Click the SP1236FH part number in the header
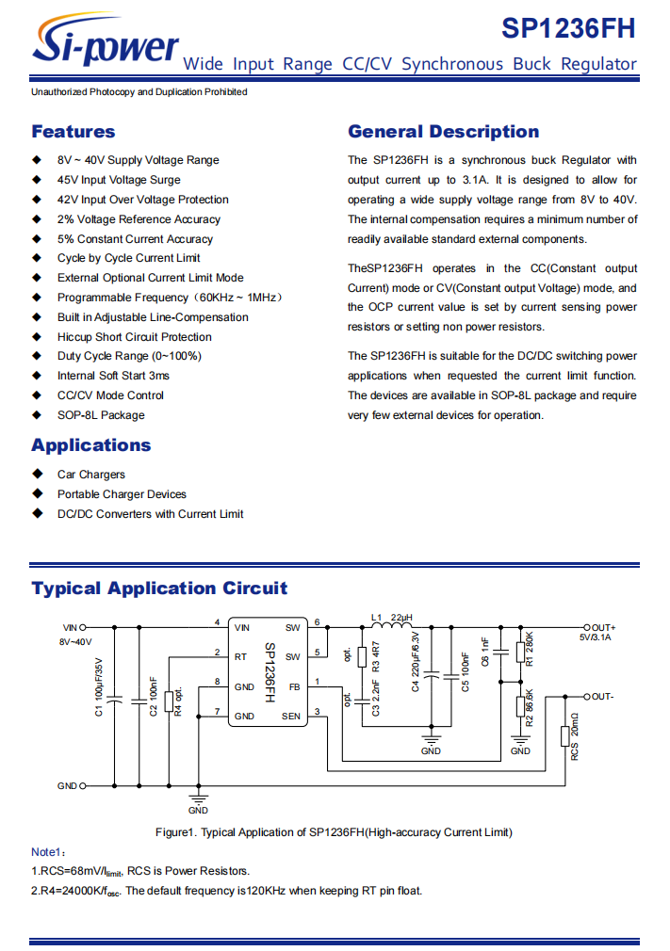[568, 28]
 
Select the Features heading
[74, 132]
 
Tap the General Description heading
[444, 132]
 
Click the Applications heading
[91, 445]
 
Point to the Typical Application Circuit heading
[159, 588]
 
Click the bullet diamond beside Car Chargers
[38, 474]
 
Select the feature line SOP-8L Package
[101, 415]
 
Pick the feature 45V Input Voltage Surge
[119, 180]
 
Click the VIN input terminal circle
[83, 628]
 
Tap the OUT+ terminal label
[603, 628]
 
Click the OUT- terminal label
[602, 697]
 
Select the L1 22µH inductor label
[391, 618]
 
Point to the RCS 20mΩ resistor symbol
[565, 736]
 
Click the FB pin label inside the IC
[294, 687]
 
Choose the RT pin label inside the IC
[241, 657]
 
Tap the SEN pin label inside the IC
[290, 717]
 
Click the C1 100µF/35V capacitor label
[99, 687]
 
